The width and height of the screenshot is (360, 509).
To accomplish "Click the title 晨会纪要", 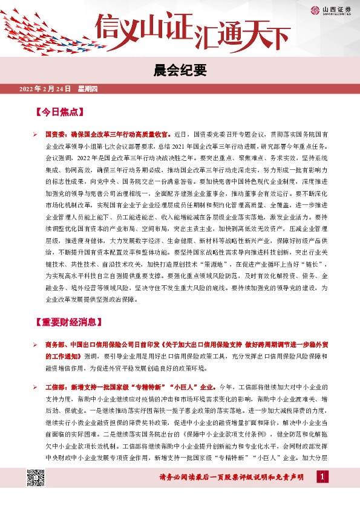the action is (x=180, y=70).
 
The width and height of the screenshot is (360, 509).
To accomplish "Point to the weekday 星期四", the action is (x=91, y=89).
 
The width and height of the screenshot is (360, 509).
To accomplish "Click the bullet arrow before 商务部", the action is (x=36, y=344).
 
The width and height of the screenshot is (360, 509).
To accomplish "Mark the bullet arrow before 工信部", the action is (x=36, y=385).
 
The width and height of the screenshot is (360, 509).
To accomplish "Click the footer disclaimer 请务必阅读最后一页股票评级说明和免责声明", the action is (x=231, y=479).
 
